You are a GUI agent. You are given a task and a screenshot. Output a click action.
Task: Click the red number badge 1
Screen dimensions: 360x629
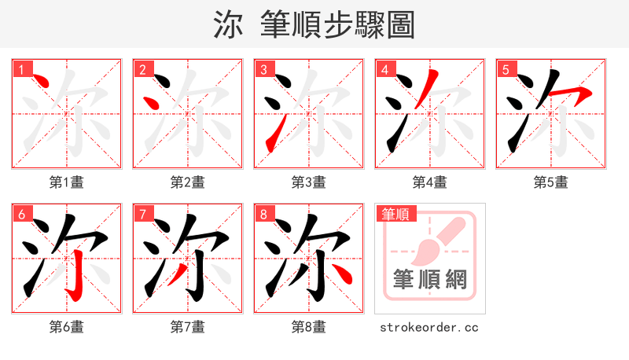pos(21,69)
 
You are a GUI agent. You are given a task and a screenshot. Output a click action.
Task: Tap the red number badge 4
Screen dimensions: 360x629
pos(384,69)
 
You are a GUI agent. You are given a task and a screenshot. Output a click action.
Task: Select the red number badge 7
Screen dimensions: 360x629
pos(142,214)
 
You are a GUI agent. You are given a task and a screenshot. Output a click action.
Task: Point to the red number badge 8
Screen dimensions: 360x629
pos(263,214)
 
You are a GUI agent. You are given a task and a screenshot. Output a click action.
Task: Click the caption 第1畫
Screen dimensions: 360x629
pos(67,182)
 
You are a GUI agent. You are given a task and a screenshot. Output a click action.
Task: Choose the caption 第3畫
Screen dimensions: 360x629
pos(309,182)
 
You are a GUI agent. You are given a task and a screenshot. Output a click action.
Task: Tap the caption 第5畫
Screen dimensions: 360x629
pos(551,182)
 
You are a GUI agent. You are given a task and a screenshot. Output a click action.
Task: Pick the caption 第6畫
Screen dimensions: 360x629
pos(67,327)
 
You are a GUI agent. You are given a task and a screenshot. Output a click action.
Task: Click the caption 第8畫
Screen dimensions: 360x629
pos(309,327)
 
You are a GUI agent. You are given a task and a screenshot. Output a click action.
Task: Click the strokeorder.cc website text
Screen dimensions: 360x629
pos(429,327)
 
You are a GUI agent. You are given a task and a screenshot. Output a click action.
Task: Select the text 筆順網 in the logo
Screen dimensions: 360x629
pos(429,279)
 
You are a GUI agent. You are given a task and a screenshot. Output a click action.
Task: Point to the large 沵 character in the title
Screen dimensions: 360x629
pos(228,24)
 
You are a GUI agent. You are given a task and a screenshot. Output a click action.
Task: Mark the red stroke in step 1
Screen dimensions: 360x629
pos(41,82)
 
